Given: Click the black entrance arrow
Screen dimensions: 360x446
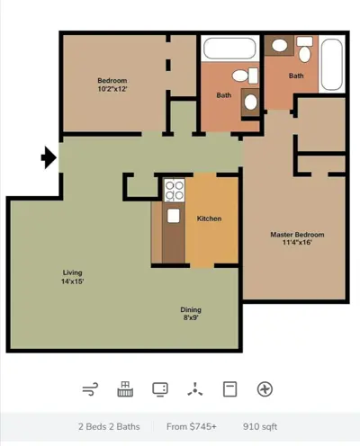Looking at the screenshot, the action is coord(49,157).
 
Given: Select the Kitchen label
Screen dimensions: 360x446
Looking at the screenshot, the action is coord(209,219).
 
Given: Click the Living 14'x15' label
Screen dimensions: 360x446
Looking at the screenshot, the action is coord(72,277).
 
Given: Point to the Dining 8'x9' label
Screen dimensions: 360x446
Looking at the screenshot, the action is coord(191,314).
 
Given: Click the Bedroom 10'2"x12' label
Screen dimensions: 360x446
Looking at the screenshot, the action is coord(112,85).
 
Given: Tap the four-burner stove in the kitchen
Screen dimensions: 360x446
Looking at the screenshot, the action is coord(175,191).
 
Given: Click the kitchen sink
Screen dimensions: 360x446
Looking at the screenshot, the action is coord(174,216).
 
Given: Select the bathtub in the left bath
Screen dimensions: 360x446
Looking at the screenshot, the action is coord(229,49).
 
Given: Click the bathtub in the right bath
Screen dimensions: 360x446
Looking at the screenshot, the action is coord(331,65).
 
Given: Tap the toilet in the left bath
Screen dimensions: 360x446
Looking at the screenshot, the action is coord(245,76).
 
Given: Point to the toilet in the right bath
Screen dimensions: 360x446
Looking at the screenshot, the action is coord(304,49).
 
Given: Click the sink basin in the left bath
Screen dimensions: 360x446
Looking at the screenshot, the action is coord(250,103).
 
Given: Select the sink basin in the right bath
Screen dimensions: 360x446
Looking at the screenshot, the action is coord(280,46).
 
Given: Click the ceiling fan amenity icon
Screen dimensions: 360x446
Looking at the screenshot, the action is coord(195,389).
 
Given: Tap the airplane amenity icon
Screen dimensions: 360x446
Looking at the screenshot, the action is coord(265,389).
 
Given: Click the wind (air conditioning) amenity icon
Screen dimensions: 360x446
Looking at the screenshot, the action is coord(90,389).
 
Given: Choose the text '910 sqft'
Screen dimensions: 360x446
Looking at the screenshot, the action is coord(260,426).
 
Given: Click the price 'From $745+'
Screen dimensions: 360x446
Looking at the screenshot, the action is coord(192,426).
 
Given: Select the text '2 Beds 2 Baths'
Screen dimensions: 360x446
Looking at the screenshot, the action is coord(109,426).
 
